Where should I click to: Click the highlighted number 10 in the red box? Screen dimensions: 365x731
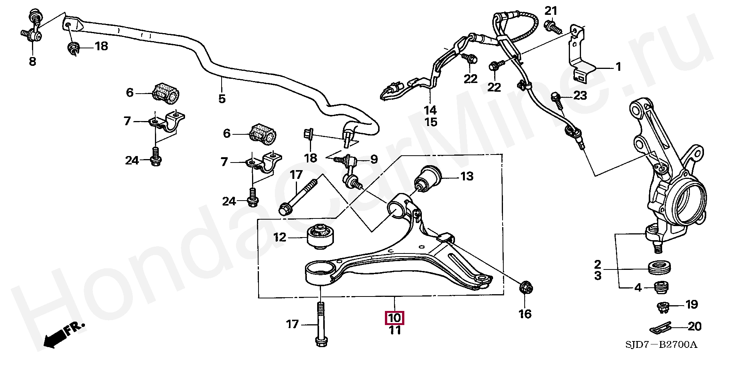395,317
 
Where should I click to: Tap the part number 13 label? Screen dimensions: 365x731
467,177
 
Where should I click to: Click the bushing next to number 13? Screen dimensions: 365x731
429,179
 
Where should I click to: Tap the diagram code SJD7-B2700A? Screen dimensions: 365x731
661,345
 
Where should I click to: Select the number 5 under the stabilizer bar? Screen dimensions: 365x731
222,99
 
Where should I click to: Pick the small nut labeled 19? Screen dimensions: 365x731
663,306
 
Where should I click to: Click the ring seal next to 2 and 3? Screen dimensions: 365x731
659,268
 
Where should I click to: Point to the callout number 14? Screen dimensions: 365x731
431,110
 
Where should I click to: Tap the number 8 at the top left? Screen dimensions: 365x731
33,61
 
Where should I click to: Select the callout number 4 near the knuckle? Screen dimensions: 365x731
638,288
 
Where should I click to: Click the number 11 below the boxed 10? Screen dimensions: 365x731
395,330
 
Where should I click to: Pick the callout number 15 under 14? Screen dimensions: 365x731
431,122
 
